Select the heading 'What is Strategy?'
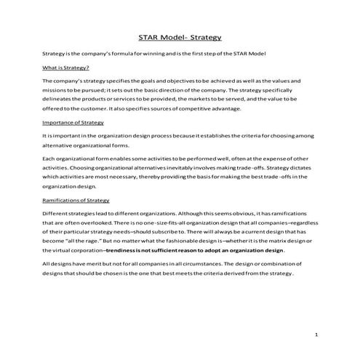(68, 68)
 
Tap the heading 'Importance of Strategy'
(74, 123)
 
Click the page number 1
(318, 334)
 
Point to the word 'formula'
(124, 55)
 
